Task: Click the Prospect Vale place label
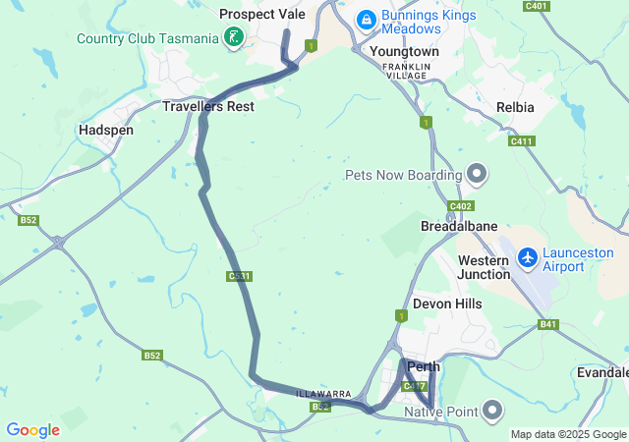[263, 14]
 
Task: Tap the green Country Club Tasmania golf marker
[233, 38]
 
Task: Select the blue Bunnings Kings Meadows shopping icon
[366, 19]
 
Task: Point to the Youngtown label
[404, 50]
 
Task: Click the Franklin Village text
[407, 70]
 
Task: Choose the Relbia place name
[515, 106]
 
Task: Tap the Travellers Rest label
[208, 105]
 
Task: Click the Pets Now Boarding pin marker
[477, 175]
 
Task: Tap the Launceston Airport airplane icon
[529, 257]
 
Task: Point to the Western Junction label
[484, 267]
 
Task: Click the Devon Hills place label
[447, 304]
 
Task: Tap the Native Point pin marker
[492, 410]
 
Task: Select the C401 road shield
[537, 6]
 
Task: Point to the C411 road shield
[521, 141]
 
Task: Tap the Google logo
[33, 429]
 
